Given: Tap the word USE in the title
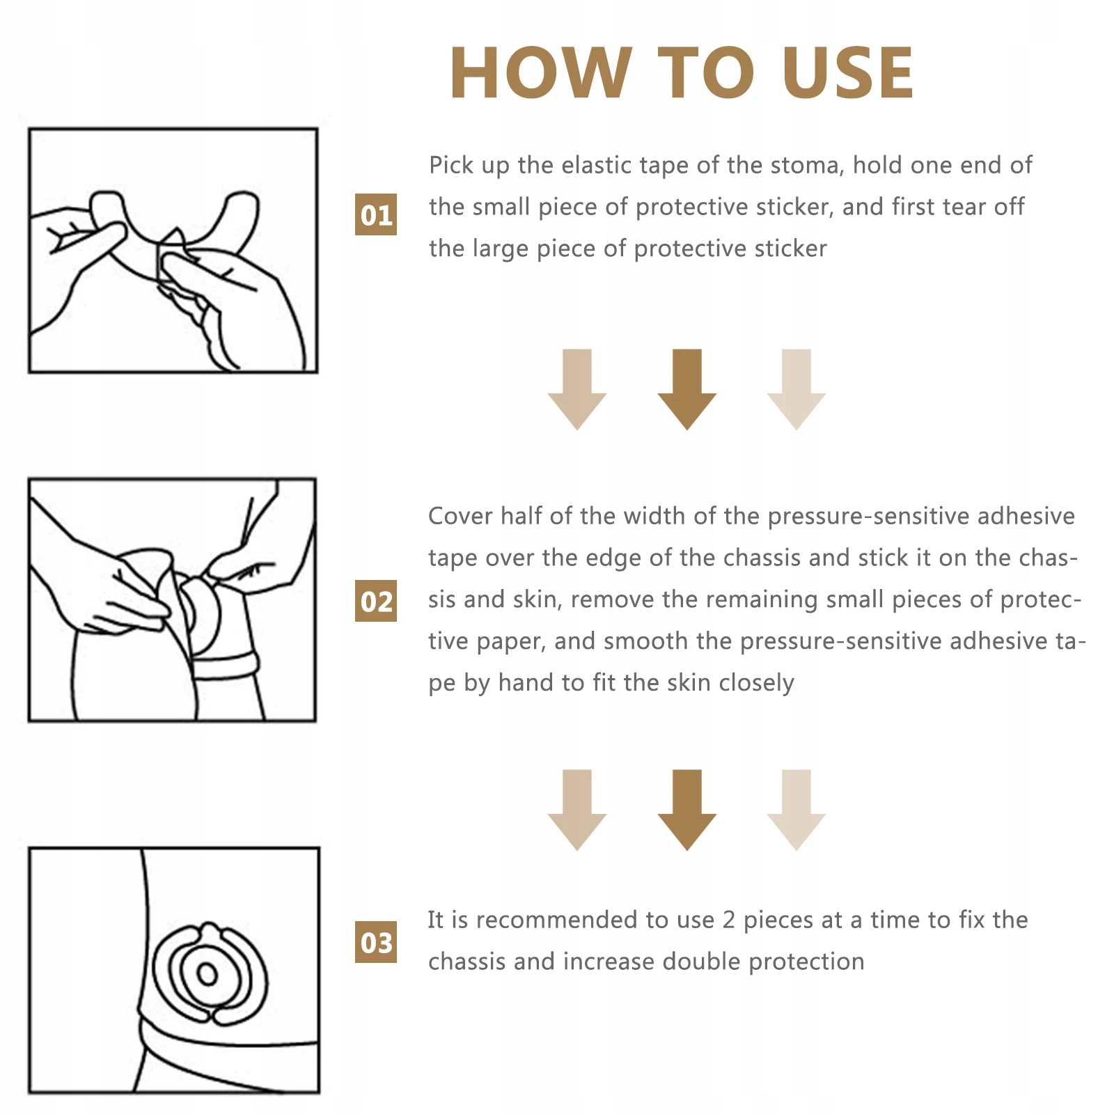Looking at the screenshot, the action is point(847,72).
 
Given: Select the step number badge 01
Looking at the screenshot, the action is point(376,214).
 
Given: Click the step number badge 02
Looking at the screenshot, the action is point(376,601).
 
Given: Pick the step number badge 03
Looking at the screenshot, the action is point(376,942).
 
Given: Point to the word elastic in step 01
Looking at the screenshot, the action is point(597,165).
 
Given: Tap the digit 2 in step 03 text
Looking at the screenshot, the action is point(728,920).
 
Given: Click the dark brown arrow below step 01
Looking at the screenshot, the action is point(687,389).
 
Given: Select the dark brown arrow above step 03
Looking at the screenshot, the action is point(687,810).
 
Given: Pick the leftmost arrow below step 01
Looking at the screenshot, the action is point(577,389).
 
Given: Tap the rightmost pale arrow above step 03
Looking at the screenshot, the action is point(797,810).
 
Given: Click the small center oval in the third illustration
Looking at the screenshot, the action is point(207,973).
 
